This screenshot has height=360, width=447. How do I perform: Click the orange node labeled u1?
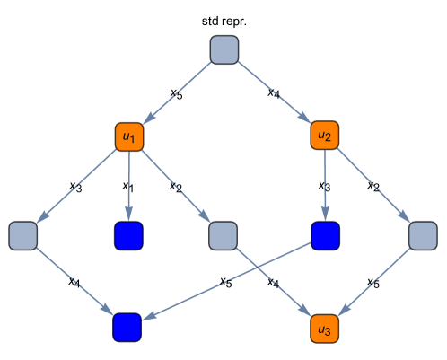129,136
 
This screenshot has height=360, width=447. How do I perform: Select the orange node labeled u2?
325,136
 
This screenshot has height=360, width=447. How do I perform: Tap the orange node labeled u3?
325,329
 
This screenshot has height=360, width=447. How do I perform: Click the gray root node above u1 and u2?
224,50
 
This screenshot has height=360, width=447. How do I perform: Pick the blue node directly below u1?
128,235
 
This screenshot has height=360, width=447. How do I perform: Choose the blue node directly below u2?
325,235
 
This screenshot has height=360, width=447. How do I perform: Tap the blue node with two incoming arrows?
127,327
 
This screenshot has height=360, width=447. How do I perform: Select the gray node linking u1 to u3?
223,236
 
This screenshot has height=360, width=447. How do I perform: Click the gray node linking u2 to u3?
422,236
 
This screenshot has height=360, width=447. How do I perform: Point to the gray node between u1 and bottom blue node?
22,236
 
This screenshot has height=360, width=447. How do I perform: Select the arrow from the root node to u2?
275,92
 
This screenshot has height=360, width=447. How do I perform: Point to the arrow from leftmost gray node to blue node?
74,281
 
